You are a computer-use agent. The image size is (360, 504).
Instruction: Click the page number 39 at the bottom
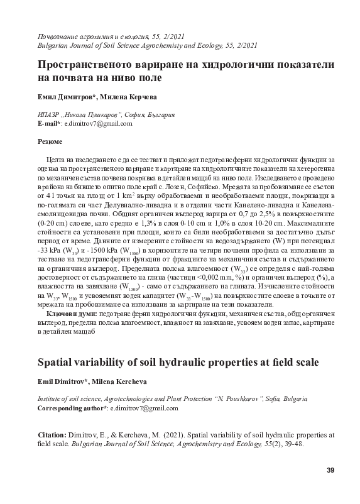[330, 471]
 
